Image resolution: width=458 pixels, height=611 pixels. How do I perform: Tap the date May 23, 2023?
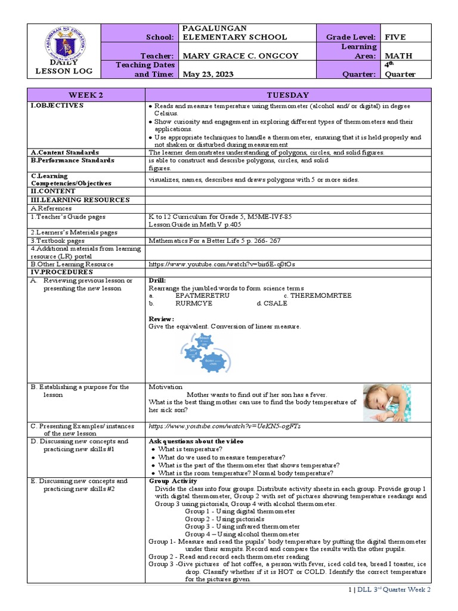[x=205, y=75]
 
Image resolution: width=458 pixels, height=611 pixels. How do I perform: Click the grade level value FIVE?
[x=395, y=37]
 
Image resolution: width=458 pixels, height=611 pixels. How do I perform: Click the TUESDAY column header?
[x=287, y=95]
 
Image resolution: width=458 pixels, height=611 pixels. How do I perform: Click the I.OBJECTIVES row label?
[x=57, y=106]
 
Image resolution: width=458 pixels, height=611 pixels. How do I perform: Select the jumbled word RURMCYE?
[x=194, y=303]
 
